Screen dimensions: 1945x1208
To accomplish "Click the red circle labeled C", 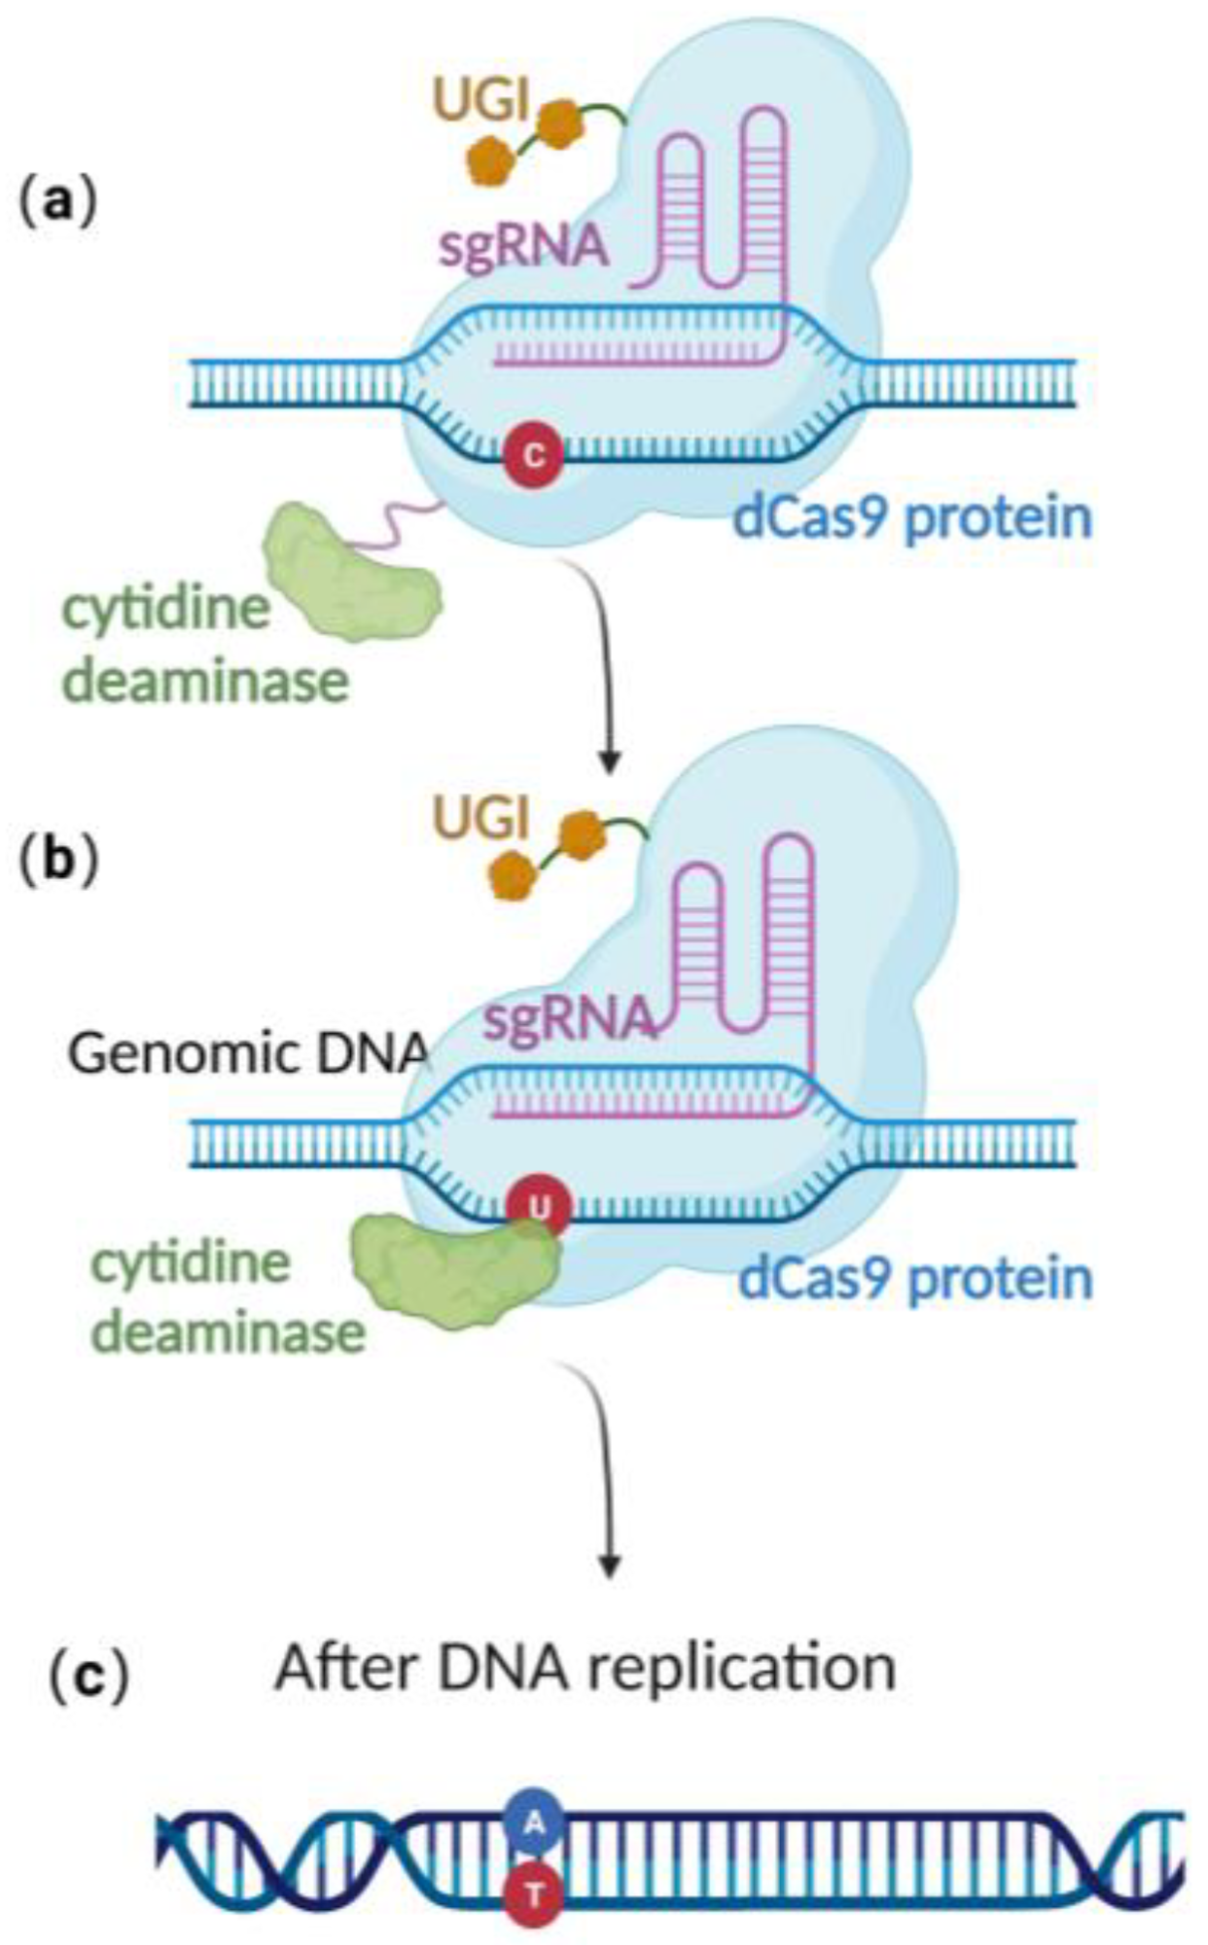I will click(x=533, y=455).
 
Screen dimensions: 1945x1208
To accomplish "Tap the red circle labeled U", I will click(x=538, y=1209).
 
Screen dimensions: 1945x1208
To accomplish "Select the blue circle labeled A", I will click(x=533, y=1821).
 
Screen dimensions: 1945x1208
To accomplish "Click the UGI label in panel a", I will click(x=482, y=101).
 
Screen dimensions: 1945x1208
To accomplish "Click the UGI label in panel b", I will click(x=482, y=819).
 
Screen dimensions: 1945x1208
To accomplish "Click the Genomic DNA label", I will click(x=248, y=1053).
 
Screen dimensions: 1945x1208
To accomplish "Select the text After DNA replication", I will click(x=585, y=1666).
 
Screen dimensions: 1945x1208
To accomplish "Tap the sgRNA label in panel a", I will click(x=523, y=246).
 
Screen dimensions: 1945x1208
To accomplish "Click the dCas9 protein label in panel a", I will click(x=911, y=516).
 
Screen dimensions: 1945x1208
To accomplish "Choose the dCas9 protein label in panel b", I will click(x=915, y=1279).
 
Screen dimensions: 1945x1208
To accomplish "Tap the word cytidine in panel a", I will click(x=166, y=609).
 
